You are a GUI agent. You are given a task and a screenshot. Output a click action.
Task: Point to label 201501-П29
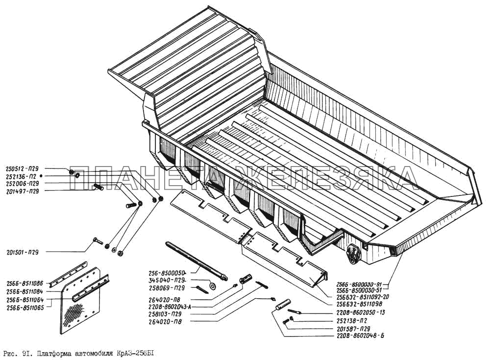(23, 252)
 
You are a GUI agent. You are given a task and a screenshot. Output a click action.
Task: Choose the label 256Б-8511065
(25, 308)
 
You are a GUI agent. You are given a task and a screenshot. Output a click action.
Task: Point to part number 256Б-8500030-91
(361, 284)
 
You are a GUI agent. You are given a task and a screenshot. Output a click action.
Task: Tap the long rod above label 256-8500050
(196, 260)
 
